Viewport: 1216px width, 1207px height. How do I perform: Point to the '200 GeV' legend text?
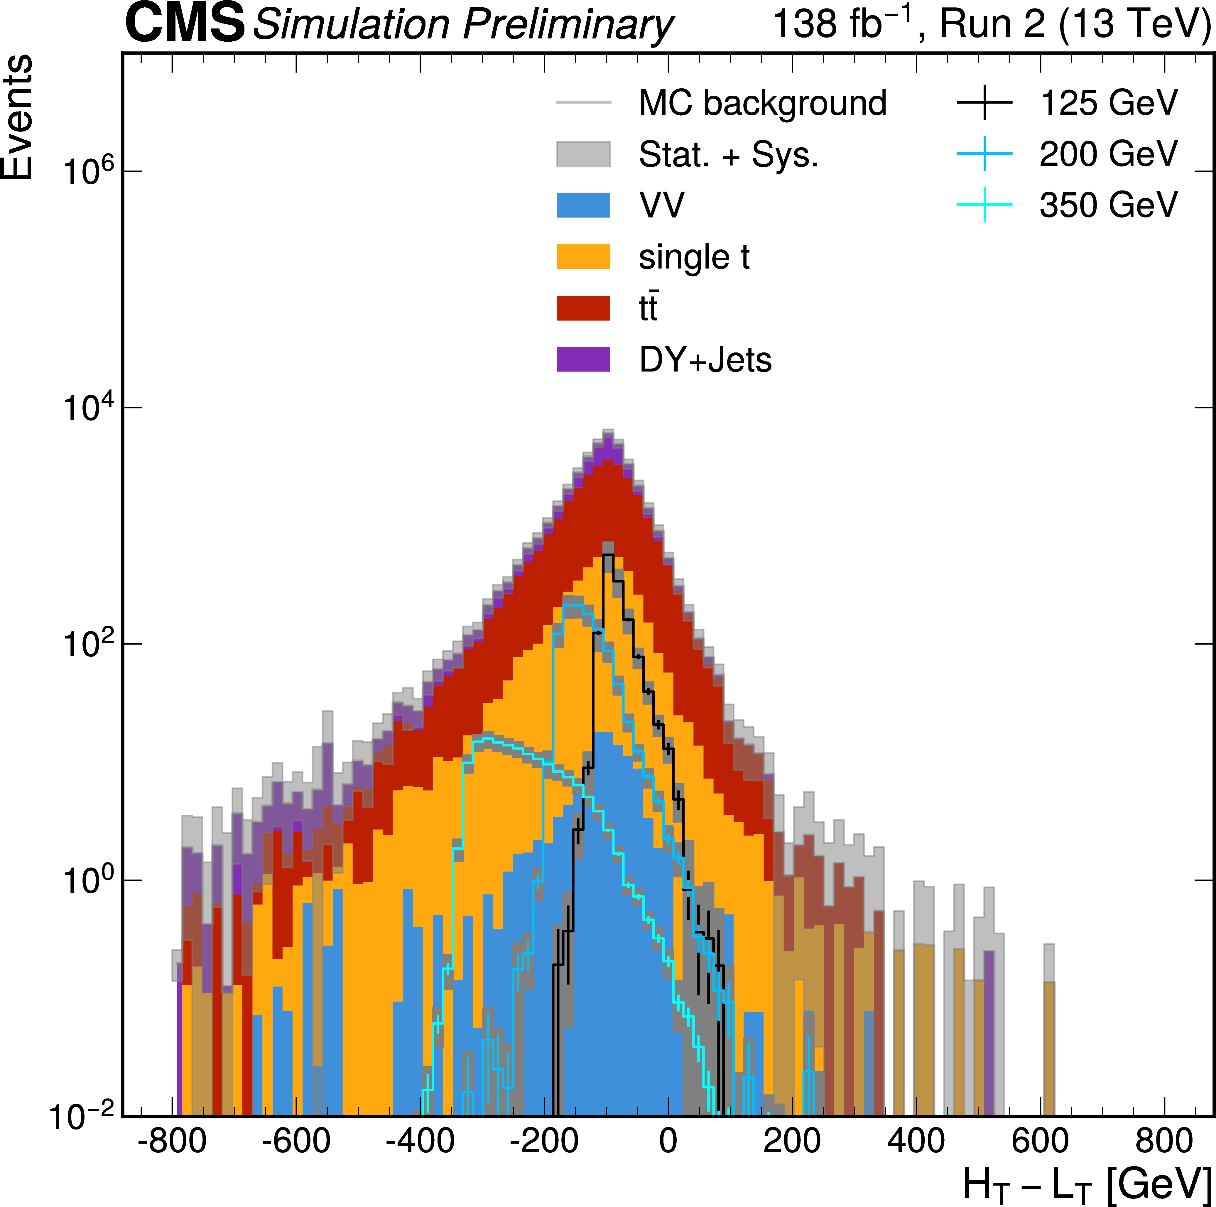click(x=1108, y=154)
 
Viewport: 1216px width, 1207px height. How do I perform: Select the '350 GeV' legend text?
click(x=1108, y=205)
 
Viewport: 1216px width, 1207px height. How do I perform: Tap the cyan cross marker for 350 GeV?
click(x=984, y=205)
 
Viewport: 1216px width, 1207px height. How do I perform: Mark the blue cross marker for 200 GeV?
click(x=984, y=154)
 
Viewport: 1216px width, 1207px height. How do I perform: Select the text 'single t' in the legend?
click(x=694, y=257)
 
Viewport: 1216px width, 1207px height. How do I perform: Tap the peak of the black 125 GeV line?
click(x=607, y=555)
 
